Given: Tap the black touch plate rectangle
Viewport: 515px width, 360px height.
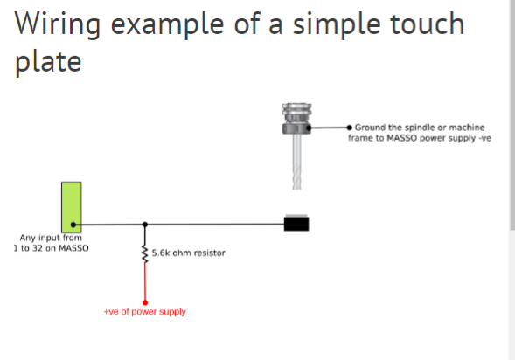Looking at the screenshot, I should coord(296,223).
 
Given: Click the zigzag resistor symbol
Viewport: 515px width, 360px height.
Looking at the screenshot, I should coord(145,253).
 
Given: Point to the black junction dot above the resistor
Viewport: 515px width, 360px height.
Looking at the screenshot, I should coord(145,224).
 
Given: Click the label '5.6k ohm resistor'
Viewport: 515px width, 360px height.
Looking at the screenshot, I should coord(189,253).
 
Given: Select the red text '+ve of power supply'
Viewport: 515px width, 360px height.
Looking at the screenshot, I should coord(145,312).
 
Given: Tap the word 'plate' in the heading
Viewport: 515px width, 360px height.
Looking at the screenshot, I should coord(49,63).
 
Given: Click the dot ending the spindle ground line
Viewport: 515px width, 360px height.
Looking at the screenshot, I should coord(350,128).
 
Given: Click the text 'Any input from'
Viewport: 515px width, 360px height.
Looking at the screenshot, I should coord(50,237).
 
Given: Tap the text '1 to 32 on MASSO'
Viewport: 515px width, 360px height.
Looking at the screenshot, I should coord(51,247).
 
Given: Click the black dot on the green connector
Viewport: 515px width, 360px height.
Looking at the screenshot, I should coord(77,224).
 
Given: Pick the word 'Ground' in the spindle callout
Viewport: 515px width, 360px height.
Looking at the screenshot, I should coord(371,128).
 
